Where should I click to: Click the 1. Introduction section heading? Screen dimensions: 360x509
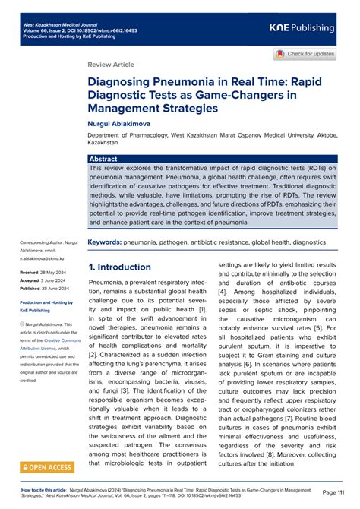coord(120,267)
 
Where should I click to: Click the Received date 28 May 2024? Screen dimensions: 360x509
coord(52,270)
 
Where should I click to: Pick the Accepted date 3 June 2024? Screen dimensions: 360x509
coord(52,279)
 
